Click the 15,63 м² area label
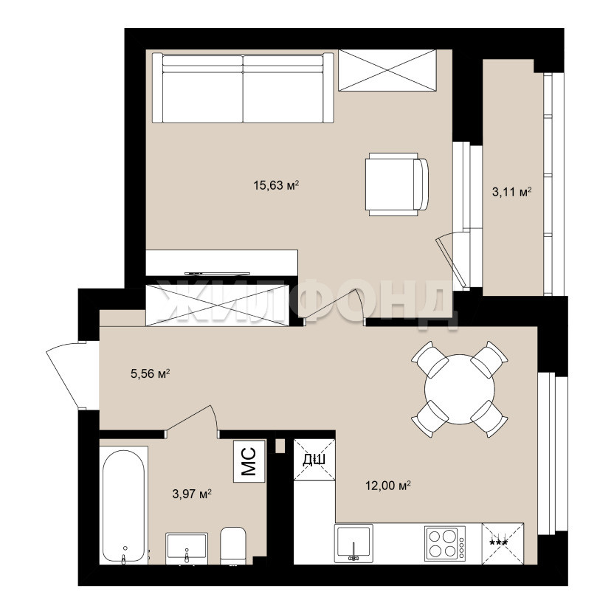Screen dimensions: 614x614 (x=276, y=184)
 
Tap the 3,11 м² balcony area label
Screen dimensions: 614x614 (x=512, y=192)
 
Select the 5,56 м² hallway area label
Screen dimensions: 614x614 (x=151, y=373)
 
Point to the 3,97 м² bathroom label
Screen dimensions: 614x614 (x=192, y=494)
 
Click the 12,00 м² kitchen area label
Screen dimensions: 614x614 (x=388, y=486)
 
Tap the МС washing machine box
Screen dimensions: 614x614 (x=249, y=461)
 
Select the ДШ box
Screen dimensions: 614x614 (x=314, y=460)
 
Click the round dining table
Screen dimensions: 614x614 (x=459, y=389)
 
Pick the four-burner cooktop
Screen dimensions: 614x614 (x=445, y=543)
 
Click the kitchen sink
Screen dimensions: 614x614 (x=353, y=543)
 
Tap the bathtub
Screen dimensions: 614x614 (x=123, y=506)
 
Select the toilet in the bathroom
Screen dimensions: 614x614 (x=233, y=546)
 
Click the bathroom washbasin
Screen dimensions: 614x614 (x=187, y=548)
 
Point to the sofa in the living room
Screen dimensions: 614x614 (x=243, y=88)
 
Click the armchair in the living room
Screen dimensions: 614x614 (x=397, y=184)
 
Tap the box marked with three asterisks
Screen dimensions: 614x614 (x=503, y=543)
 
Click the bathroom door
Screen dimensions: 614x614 (x=189, y=418)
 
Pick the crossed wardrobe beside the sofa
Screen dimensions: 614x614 (x=387, y=71)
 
